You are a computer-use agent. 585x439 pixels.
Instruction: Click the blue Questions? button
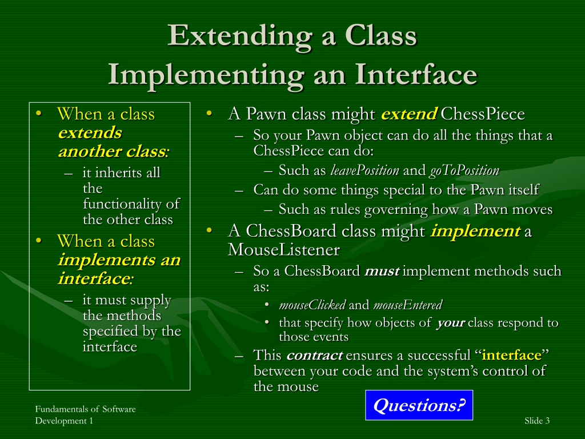[x=419, y=405]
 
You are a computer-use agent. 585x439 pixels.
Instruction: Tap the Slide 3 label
[x=537, y=421]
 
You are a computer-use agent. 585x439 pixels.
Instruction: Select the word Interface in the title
[x=416, y=74]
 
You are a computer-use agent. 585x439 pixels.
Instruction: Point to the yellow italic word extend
[x=408, y=114]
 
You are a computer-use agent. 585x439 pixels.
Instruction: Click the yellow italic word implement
[x=475, y=231]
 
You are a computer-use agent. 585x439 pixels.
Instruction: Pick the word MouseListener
[x=283, y=250]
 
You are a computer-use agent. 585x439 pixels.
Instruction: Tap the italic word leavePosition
[x=365, y=170]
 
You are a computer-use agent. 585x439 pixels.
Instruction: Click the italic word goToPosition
[x=464, y=170]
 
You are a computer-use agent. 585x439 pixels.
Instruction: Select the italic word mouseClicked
[x=312, y=305]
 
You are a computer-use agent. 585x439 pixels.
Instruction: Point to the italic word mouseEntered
[x=408, y=305]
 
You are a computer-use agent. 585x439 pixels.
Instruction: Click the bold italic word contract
[x=315, y=355]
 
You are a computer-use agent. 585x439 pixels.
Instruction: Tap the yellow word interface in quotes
[x=511, y=355]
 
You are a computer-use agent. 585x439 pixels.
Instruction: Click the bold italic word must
[x=382, y=271]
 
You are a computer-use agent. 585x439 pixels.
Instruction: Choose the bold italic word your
[x=451, y=323]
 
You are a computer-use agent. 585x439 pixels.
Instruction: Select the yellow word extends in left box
[x=90, y=133]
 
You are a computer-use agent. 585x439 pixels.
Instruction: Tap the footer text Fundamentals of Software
[x=86, y=409]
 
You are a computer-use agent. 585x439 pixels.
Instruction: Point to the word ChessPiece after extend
[x=483, y=114]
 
